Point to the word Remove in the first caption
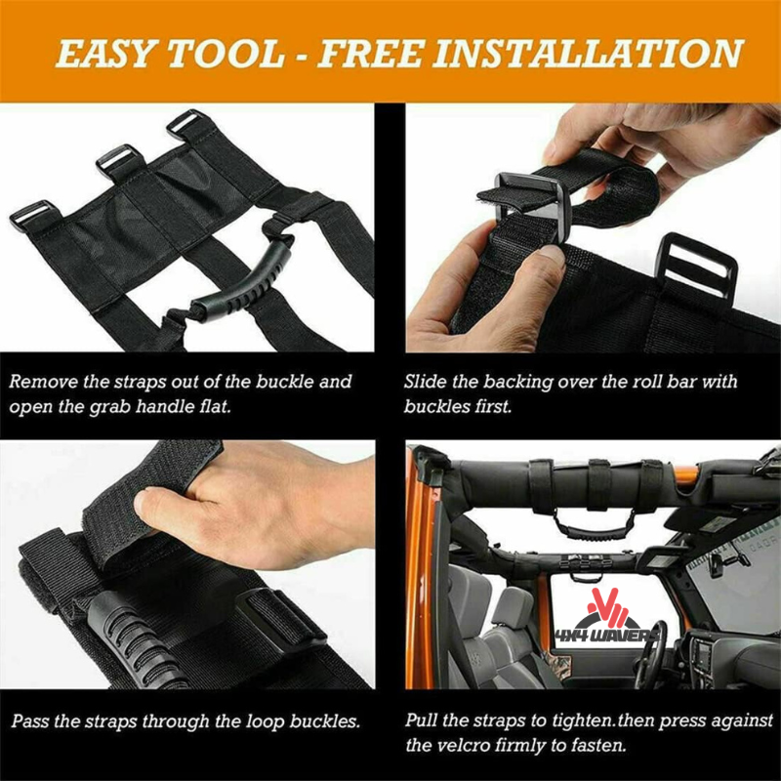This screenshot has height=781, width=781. point(47,382)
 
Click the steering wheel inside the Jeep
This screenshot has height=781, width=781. point(649,644)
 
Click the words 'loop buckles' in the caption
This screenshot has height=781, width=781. point(305,723)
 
